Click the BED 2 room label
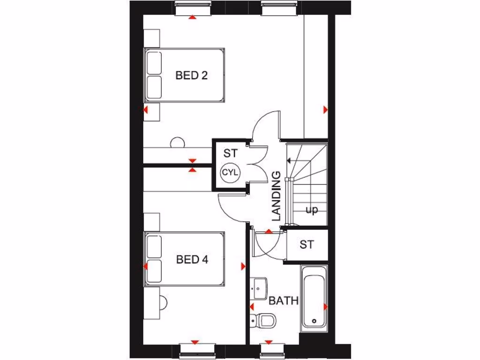coord(191,75)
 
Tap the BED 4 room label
coord(192,259)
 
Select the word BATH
coord(284,300)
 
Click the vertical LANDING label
coord(276,196)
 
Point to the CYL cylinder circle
coord(230,172)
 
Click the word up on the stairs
coord(311,210)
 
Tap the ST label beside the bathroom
coord(307,244)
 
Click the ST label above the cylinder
coord(230,153)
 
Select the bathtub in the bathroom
coord(315,296)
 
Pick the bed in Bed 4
coord(185,258)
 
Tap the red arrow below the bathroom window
coord(269,343)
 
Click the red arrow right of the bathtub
coord(325,307)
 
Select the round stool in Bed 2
coord(178,142)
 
